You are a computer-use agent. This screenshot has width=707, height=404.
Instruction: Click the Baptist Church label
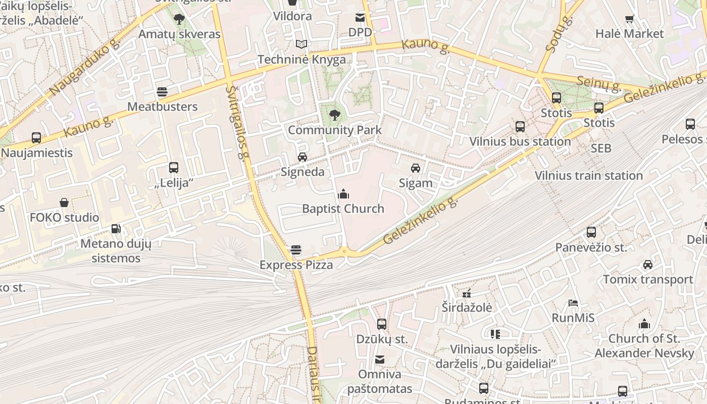pos(343,209)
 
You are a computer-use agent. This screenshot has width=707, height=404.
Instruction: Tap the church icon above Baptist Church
pos(343,194)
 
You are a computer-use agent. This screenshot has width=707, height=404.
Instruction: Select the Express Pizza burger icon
pos(296,250)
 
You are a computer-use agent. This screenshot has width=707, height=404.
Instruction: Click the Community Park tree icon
pos(334,115)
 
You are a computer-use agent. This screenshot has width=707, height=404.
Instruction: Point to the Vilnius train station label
pos(588,176)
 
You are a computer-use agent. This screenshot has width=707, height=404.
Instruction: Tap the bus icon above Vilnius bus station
pos(520,127)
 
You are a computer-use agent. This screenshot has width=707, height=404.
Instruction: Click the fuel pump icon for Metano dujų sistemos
pos(116,229)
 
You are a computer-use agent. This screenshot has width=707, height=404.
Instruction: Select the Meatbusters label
pos(162,107)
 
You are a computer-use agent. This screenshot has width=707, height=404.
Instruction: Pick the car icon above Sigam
pos(416,168)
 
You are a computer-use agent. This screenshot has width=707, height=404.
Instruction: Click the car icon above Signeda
pos(302,157)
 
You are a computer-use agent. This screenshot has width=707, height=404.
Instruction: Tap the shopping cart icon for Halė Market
pos(629,19)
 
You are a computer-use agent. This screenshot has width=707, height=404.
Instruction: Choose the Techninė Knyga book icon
pos(301,44)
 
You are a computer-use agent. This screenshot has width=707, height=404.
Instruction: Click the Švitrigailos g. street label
pos(238,121)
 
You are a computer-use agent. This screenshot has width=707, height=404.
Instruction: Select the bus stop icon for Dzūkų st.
pos(382,324)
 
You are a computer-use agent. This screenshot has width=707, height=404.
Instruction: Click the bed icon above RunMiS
pos(573,303)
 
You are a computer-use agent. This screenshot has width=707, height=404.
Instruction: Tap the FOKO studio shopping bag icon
pos(64,203)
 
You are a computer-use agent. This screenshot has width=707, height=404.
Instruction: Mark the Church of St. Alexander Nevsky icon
pos(644,324)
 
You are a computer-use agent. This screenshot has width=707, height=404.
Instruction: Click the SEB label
pos(601,148)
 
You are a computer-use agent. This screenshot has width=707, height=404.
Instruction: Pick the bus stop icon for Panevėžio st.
pos(591,232)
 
